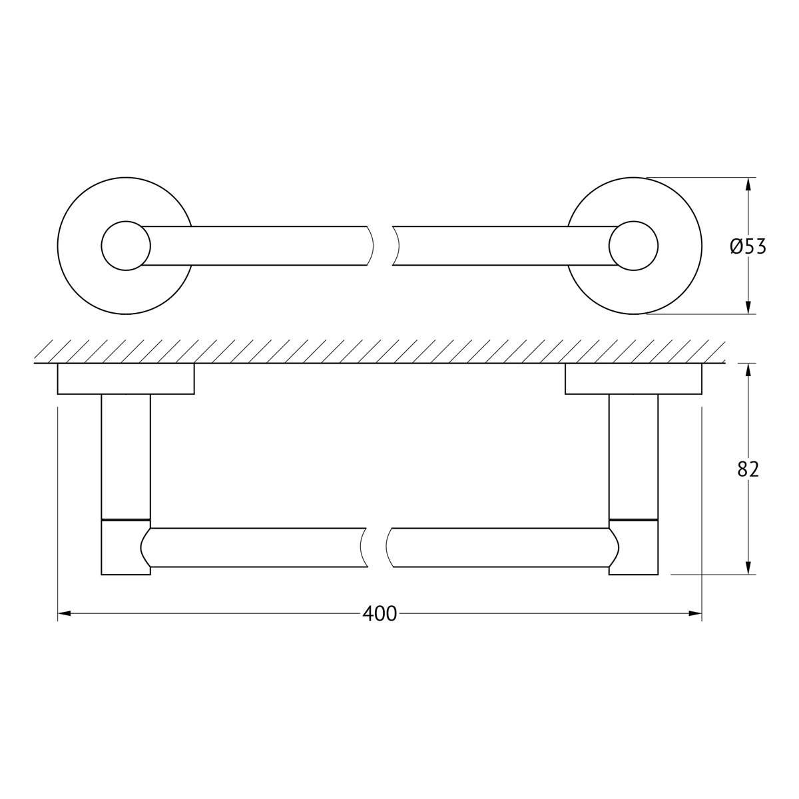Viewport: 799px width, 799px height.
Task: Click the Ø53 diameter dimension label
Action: coord(748,247)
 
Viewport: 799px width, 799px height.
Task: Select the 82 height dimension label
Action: coord(748,469)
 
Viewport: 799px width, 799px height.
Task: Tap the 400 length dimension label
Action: coord(380,614)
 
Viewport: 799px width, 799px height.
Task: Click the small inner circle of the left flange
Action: coord(126,246)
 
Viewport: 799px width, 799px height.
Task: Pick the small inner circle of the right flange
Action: coord(634,246)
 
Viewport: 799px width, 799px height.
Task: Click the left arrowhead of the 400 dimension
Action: coord(65,613)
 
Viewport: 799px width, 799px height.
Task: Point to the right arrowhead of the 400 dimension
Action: coord(695,613)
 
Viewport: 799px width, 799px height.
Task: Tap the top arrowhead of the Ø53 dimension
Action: coord(748,184)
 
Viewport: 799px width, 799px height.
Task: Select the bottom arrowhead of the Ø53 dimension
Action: coord(748,307)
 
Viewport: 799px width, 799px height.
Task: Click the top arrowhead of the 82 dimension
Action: coord(748,370)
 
